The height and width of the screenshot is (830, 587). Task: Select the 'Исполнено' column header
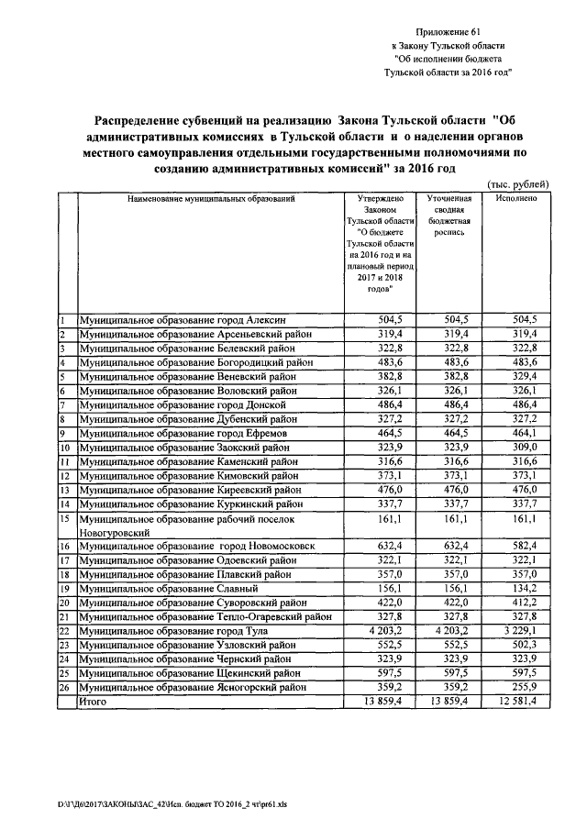[515, 198]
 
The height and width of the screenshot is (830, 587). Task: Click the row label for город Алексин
[183, 320]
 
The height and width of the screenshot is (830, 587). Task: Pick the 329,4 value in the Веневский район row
[517, 376]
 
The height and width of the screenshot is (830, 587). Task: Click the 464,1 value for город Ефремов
[517, 431]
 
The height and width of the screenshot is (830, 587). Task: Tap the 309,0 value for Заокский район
[517, 447]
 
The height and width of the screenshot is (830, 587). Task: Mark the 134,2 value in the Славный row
[517, 588]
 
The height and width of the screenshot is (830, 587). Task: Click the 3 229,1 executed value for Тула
[515, 631]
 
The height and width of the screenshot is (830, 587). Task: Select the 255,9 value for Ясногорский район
[517, 687]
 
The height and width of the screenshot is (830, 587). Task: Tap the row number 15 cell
[66, 520]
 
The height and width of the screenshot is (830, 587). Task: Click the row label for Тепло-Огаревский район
[205, 616]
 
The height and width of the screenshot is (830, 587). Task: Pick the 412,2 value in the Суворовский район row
[517, 603]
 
